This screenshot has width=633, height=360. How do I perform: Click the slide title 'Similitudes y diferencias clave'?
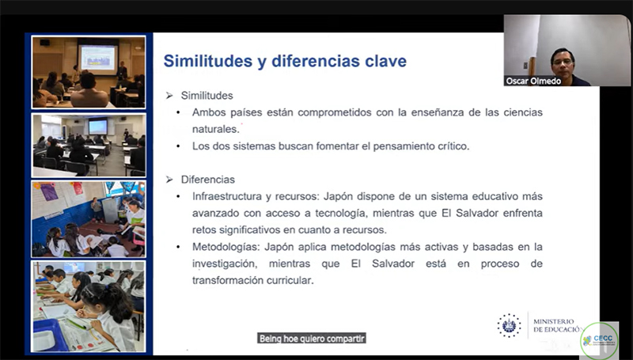pos(285,62)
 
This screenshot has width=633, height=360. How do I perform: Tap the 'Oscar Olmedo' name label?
pos(533,81)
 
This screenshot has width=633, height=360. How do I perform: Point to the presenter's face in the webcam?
pos(563,62)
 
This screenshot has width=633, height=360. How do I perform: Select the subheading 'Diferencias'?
pos(207,179)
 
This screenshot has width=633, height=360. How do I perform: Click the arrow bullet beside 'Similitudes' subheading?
pos(169,96)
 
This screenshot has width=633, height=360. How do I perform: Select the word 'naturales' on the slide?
pos(215,129)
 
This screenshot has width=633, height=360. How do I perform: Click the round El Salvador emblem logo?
pos(509,325)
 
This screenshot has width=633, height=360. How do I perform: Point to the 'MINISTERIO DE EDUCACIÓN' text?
pos(558,326)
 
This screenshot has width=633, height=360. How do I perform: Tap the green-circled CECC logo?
pos(599,339)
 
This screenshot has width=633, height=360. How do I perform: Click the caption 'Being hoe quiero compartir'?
pos(312,338)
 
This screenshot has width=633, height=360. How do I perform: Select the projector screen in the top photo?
pos(98,57)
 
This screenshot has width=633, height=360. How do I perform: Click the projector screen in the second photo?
pos(97,127)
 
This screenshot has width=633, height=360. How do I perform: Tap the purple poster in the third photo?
pos(49,191)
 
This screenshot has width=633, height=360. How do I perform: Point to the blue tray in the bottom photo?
pos(49,335)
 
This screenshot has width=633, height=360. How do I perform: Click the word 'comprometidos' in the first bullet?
pos(334,112)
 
